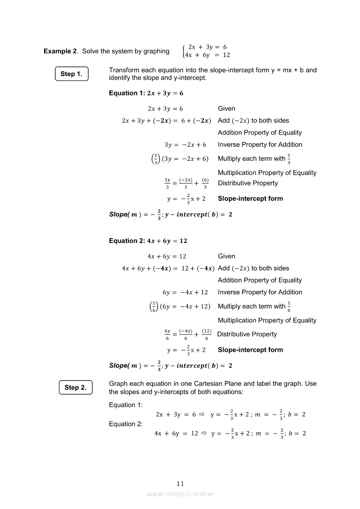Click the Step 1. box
tap(71, 74)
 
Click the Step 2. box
tap(75, 388)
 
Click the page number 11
tap(180, 484)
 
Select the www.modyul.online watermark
tap(180, 494)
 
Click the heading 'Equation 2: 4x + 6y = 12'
tap(148, 241)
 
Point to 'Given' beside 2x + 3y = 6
tap(226, 108)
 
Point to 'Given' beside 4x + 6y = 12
tap(226, 256)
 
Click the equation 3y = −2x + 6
tap(185, 145)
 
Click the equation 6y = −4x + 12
tap(183, 292)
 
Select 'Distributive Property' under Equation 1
tap(248, 183)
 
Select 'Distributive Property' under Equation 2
tap(247, 334)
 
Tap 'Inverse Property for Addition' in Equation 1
tap(260, 145)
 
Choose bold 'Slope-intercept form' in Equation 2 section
tap(250, 350)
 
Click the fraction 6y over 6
tap(167, 334)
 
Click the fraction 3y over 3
tap(167, 183)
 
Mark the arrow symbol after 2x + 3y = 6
tap(202, 415)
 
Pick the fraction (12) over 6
tap(207, 334)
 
